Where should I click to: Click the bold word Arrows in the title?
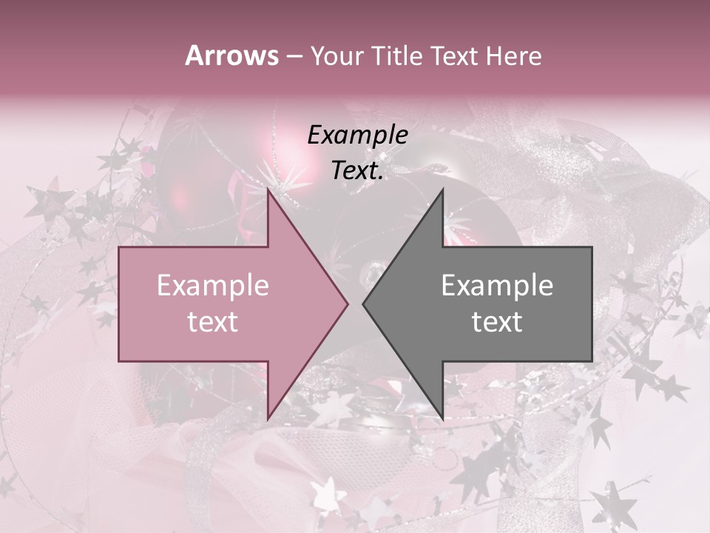231,56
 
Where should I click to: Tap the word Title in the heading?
396,56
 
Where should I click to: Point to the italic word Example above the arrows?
357,135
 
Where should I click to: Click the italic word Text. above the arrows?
357,171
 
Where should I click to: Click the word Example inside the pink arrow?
212,286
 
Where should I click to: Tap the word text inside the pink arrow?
212,322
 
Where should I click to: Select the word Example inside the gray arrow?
497,286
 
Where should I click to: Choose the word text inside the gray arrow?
497,322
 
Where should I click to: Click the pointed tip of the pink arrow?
348,304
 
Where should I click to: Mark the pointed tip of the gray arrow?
363,304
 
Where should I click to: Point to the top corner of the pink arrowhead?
268,190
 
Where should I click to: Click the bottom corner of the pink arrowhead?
268,419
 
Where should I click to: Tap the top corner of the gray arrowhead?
442,190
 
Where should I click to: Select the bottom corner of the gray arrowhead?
442,419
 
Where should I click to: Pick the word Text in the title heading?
454,56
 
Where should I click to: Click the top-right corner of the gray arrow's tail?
592,247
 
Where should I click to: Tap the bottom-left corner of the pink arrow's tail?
119,361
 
